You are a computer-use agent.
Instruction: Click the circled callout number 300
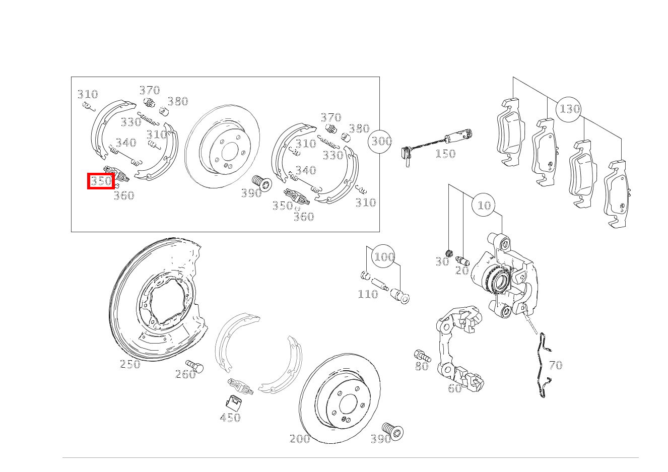click(381, 141)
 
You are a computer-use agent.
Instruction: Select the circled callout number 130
click(570, 109)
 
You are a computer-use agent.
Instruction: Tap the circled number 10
click(484, 205)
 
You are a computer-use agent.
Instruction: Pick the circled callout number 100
click(384, 257)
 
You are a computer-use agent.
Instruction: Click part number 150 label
click(445, 154)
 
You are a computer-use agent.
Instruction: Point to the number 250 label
click(130, 364)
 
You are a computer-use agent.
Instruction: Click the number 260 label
click(185, 374)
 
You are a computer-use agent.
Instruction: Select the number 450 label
click(230, 417)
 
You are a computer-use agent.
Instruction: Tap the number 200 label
click(300, 439)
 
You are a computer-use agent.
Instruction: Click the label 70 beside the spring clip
click(555, 365)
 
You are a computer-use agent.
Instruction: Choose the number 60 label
click(454, 388)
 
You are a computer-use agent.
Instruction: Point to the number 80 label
click(422, 366)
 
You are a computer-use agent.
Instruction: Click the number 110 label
click(367, 294)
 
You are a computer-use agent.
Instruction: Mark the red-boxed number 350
click(101, 181)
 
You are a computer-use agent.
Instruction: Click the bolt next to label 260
click(194, 366)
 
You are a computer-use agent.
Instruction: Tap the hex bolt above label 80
click(421, 355)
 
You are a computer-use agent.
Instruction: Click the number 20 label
click(462, 271)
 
